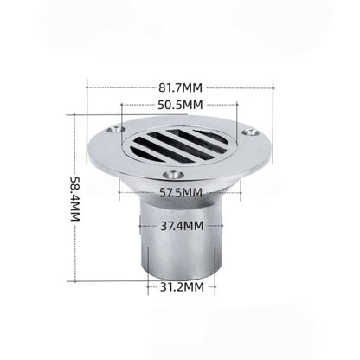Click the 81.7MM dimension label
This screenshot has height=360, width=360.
[181, 87]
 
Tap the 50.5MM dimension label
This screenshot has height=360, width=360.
[181, 105]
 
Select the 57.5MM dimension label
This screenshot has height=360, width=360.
[181, 192]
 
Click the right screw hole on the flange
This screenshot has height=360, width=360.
[252, 134]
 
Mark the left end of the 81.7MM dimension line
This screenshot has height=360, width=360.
[87, 87]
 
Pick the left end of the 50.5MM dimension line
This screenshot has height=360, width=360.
[124, 105]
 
